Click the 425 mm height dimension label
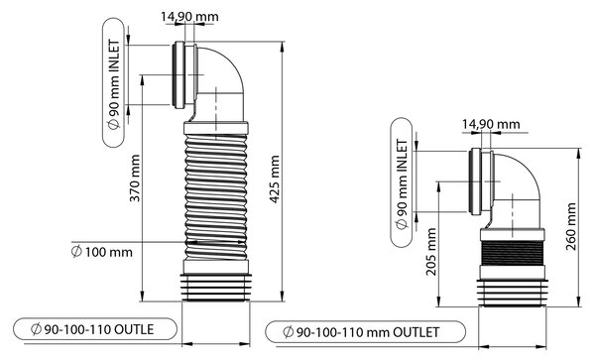pos(275,180)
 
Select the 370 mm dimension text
pos(135,178)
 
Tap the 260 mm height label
pos(571,226)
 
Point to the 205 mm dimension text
pos(430,252)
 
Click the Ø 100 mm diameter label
pos(102,252)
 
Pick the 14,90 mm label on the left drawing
pos(189,17)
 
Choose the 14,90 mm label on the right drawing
pos(491,124)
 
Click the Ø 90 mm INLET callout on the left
pos(113,82)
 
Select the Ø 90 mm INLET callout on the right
pos(401,182)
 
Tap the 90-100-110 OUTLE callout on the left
pos(95,329)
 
